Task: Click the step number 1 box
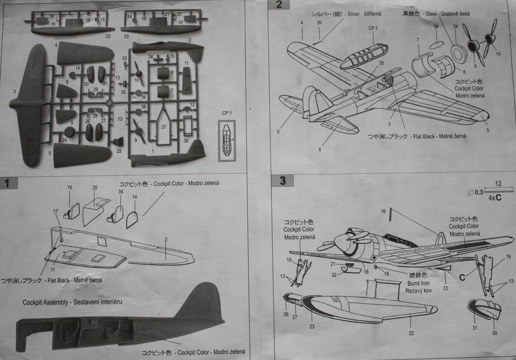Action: click(x=7, y=183)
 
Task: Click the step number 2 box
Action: click(x=278, y=5)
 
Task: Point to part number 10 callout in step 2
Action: click(x=498, y=55)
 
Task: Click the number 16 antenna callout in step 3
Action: click(x=383, y=211)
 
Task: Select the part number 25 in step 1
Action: click(x=95, y=187)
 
